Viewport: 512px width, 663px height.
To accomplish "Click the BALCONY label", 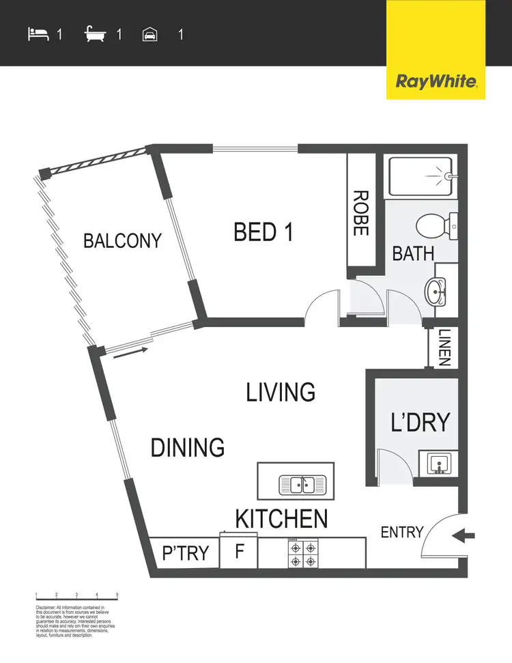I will [122, 241].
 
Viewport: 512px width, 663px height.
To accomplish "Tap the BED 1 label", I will [264, 232].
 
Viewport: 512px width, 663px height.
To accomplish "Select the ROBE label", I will [360, 212].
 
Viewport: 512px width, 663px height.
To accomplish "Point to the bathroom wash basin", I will [437, 293].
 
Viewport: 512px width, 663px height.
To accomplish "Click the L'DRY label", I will [421, 422].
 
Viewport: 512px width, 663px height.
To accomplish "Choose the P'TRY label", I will [185, 552].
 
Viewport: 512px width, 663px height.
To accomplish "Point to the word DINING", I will [188, 448].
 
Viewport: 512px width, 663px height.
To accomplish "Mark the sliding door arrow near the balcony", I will [129, 353].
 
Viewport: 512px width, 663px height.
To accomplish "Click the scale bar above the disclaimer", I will [76, 597].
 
